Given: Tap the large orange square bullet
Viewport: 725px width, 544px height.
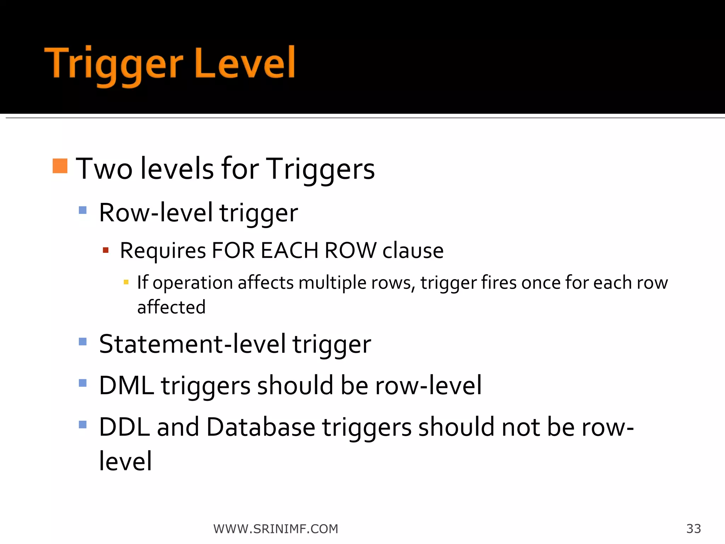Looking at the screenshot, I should (x=60, y=166).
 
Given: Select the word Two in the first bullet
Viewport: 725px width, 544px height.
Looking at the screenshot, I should (x=104, y=169).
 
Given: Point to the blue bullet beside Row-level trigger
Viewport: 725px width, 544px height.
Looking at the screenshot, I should (x=83, y=210).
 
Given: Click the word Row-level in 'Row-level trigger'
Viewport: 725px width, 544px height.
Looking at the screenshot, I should (x=156, y=213).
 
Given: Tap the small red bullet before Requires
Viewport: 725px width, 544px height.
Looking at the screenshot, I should (x=105, y=250).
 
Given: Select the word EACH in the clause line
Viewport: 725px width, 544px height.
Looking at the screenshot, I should (x=289, y=251).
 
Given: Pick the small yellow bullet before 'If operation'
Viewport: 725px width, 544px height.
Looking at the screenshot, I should (x=126, y=282).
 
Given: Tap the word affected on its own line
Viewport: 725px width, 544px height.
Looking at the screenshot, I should (x=171, y=307).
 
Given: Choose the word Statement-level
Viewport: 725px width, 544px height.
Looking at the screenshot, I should (x=192, y=344).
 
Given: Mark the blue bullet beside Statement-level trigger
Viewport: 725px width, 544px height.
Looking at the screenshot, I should (x=83, y=341).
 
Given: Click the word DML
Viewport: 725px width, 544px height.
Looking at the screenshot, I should (x=126, y=385).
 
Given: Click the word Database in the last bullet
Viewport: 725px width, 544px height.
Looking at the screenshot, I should (x=261, y=427).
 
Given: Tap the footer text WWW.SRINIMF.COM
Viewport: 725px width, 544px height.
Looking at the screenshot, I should (x=276, y=529).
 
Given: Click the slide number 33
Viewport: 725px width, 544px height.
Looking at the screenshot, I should (x=693, y=529).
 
